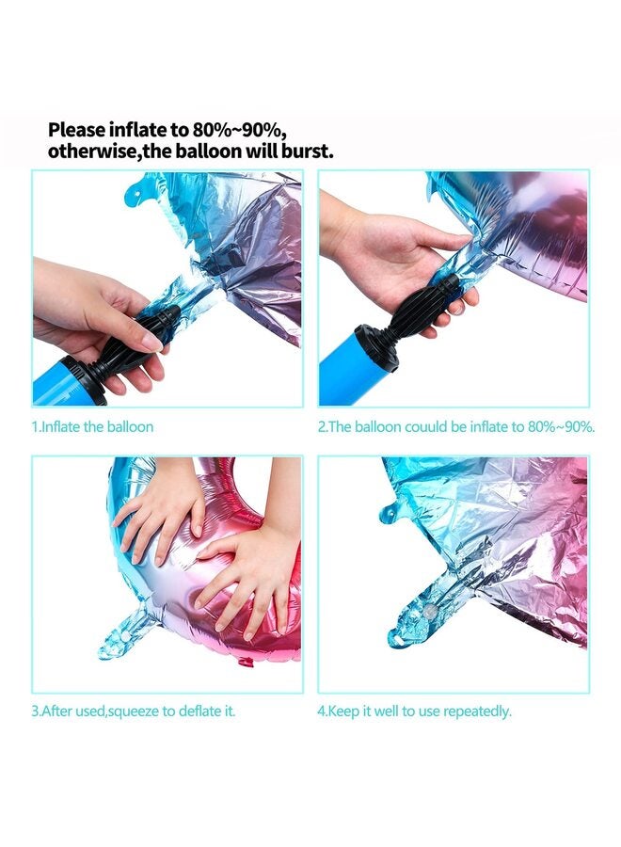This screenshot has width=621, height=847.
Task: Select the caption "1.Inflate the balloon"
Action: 92,426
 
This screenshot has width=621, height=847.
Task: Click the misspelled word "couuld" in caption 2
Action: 426,426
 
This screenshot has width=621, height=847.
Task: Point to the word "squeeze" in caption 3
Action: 133,711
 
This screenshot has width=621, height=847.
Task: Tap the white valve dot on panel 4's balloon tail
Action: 430,611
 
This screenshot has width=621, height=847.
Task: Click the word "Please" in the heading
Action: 76,130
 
